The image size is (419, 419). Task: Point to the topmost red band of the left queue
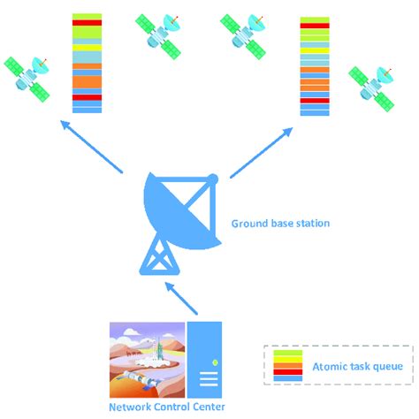[87, 22]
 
